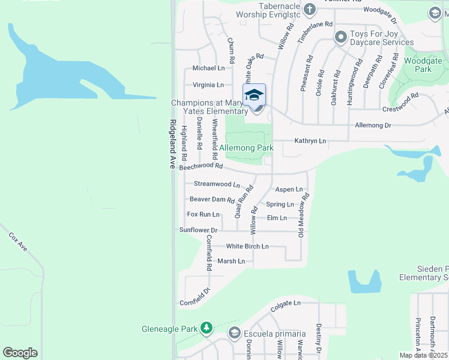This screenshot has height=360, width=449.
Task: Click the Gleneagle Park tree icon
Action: (x=206, y=328)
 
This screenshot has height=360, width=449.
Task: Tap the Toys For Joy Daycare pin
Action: (x=340, y=38)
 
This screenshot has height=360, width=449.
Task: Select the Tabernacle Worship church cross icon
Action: (x=310, y=9)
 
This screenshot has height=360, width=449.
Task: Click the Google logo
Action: (x=20, y=353)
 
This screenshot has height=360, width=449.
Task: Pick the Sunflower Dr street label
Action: (x=198, y=230)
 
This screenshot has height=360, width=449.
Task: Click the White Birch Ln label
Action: (x=247, y=247)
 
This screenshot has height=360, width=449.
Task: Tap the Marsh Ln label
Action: (x=231, y=261)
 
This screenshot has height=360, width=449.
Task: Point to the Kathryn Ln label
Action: (x=310, y=141)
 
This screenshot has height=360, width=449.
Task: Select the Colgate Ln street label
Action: (x=285, y=304)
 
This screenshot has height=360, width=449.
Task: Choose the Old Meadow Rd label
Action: (x=305, y=214)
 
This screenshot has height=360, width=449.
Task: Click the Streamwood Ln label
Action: (x=217, y=184)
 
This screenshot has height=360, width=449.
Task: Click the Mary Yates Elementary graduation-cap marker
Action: (x=254, y=95)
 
